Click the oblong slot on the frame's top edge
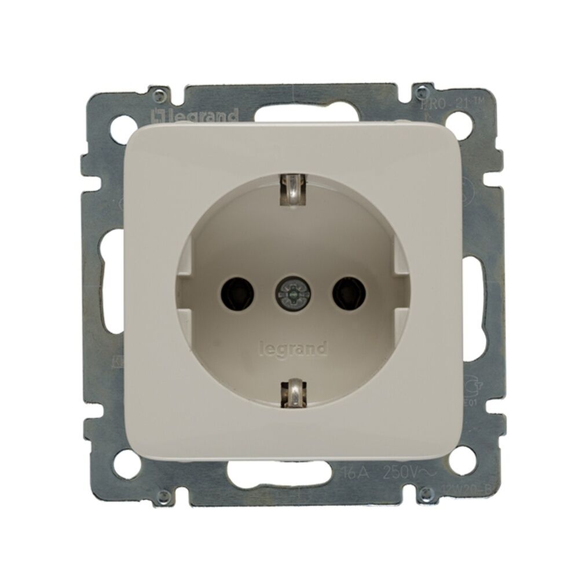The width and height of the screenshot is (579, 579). point(289,112)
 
